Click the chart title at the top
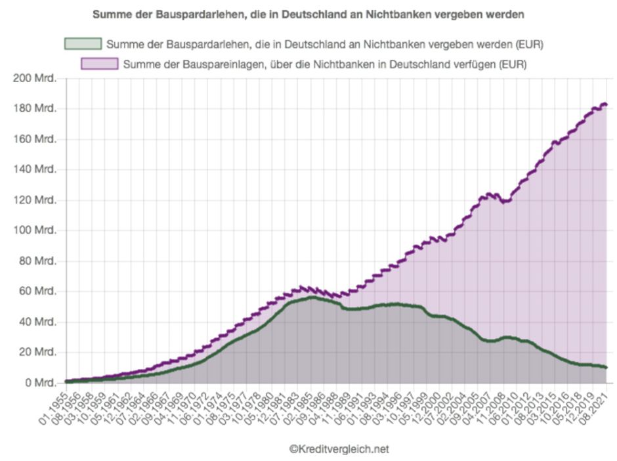coord(308,13)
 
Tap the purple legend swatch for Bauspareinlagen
coord(99,64)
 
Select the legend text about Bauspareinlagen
coord(325,64)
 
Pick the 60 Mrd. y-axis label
coord(37,292)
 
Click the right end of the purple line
coord(606,104)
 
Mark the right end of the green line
coord(606,367)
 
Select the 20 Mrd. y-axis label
coord(37,353)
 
